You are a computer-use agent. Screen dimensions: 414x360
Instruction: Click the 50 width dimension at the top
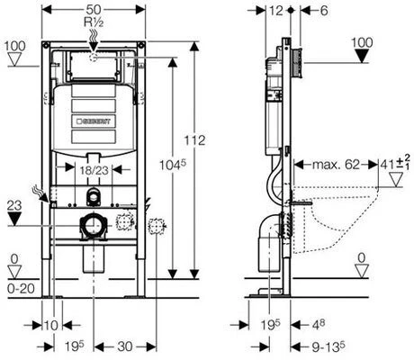point(94,9)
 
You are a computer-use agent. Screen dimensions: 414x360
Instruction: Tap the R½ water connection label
point(94,22)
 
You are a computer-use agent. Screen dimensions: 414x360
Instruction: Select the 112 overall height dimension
point(194,140)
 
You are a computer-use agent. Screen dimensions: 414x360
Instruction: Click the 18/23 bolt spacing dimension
point(94,170)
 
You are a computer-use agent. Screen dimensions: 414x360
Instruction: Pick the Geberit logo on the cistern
point(94,121)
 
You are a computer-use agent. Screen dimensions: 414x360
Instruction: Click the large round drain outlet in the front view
point(94,226)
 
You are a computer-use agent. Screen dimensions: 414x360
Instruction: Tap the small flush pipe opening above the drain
point(94,196)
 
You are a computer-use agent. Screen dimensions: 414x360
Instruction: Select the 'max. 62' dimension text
point(336,165)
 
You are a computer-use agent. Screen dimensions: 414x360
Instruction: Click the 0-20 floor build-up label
point(21,289)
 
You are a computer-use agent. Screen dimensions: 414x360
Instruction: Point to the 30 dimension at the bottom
point(125,346)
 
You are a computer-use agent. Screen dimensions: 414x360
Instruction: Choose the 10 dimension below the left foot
point(51,325)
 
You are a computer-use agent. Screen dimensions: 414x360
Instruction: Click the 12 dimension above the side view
point(276,11)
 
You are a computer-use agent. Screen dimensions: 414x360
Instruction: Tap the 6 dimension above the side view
point(324,11)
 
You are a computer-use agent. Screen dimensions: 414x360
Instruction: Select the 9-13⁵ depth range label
point(328,346)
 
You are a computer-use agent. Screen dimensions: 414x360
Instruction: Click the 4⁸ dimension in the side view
point(319,324)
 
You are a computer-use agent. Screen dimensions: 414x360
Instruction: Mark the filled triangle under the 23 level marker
point(14,219)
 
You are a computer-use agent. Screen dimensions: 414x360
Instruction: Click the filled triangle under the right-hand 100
point(363,56)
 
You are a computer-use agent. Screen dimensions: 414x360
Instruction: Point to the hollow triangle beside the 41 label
point(396,180)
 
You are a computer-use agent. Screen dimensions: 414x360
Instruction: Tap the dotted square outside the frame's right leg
point(156,227)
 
